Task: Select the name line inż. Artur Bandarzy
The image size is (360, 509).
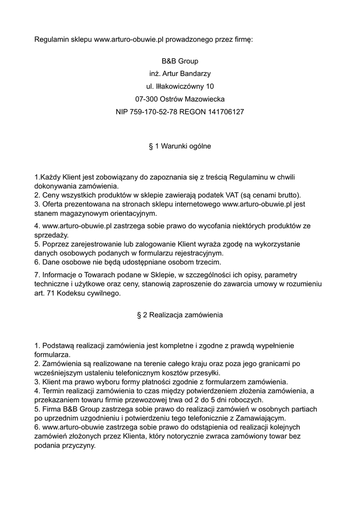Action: click(180, 74)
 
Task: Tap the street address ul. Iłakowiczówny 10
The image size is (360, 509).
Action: click(180, 86)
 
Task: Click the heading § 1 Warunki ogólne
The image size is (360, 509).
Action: click(180, 146)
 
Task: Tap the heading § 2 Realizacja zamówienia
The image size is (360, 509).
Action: click(180, 315)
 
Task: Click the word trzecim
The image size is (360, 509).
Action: click(208, 262)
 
